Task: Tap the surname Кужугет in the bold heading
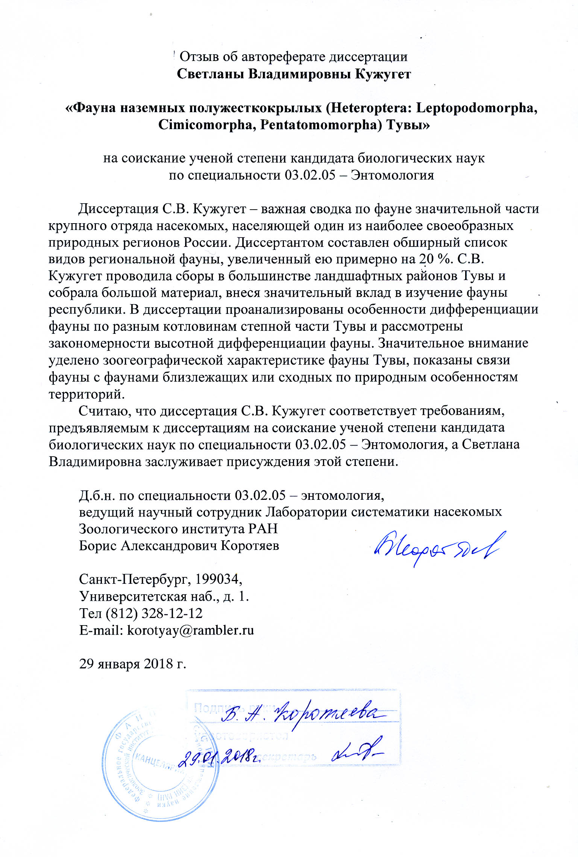[383, 74]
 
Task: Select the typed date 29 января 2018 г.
[133, 664]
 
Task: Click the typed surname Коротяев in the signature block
[250, 545]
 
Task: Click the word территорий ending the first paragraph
[86, 394]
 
